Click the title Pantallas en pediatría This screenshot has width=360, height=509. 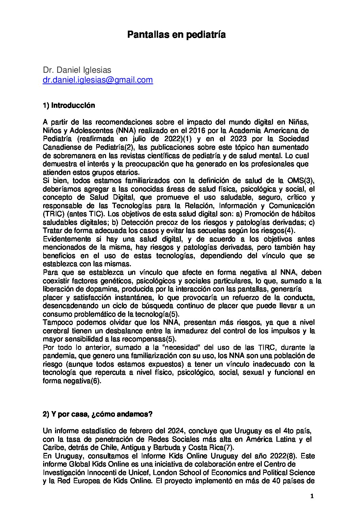coord(176,35)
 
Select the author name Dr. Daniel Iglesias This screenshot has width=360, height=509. coord(77,70)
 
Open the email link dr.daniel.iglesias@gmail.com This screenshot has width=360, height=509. coord(98,80)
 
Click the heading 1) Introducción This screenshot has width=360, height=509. coord(69,105)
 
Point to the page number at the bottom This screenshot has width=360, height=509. coord(312,496)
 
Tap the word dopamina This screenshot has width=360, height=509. coord(93,289)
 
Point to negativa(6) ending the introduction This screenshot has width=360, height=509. coord(72,381)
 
